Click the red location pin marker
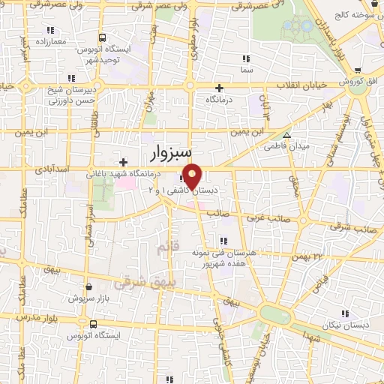click(x=192, y=176)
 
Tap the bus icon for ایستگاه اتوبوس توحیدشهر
click(x=102, y=37)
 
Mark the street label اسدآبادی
click(x=51, y=169)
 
